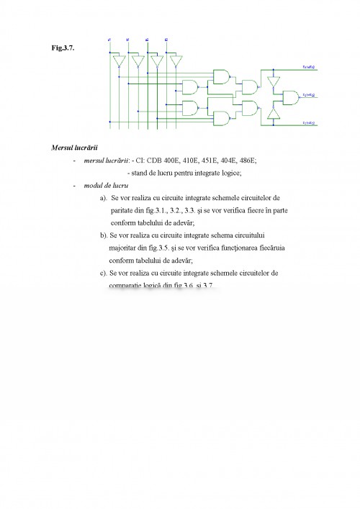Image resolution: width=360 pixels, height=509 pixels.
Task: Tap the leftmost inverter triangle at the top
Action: [120, 63]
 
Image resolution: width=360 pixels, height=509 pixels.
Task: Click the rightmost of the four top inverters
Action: [174, 63]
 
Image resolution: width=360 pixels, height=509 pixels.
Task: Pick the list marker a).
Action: [104, 197]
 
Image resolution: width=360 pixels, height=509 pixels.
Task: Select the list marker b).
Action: [104, 235]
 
